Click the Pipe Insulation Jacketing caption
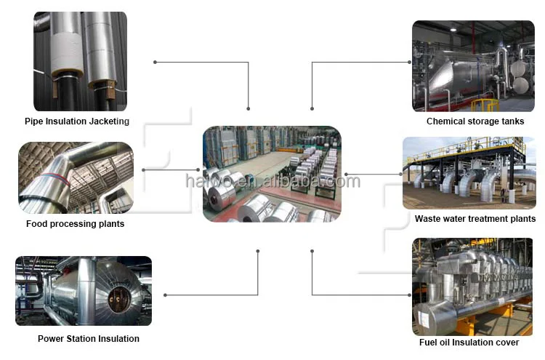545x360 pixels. [x=77, y=121]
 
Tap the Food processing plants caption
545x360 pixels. [x=75, y=224]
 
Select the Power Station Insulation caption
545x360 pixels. [x=89, y=339]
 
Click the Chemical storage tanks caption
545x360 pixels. [x=475, y=121]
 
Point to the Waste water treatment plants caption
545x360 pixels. [x=475, y=219]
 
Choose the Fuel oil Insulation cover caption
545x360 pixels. [x=469, y=343]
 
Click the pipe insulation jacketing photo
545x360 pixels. [x=80, y=61]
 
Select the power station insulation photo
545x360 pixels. [x=84, y=290]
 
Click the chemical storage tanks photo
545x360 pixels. [x=473, y=66]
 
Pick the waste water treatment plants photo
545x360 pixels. [x=469, y=172]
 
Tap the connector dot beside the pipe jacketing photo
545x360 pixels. [x=156, y=62]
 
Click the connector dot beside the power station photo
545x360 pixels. [x=166, y=295]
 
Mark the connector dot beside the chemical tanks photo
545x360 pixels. [x=409, y=62]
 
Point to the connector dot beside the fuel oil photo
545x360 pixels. [x=409, y=295]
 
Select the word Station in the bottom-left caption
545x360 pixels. [x=81, y=339]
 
